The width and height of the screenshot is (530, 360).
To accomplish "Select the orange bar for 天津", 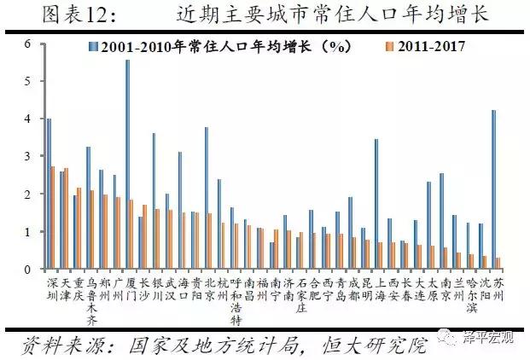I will point(66,218).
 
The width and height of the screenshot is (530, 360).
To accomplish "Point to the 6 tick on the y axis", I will point(27,44).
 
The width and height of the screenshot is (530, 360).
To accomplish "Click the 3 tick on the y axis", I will point(27,156).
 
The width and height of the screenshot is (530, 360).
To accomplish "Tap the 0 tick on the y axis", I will point(27,270).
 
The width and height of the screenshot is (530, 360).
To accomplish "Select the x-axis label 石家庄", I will point(300,293).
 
